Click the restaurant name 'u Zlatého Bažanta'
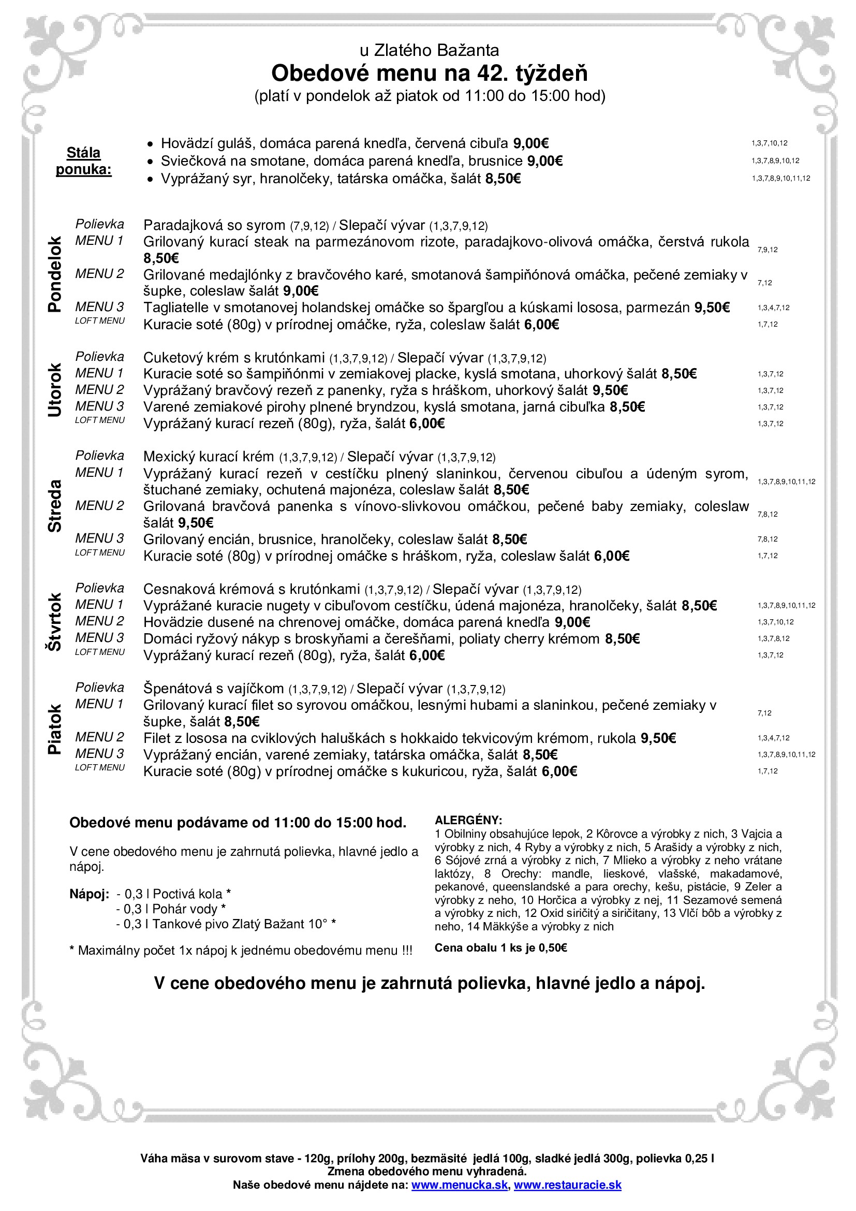click(x=429, y=51)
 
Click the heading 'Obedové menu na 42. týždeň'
click(x=429, y=74)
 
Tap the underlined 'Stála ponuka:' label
click(x=84, y=161)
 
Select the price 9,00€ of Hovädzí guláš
click(x=531, y=143)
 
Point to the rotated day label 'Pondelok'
click(x=55, y=274)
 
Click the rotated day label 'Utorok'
click(x=55, y=390)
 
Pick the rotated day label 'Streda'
click(x=55, y=505)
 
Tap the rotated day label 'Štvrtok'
click(x=55, y=622)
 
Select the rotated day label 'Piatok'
click(x=55, y=729)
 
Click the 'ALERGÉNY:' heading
click(x=468, y=820)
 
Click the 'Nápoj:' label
click(x=89, y=894)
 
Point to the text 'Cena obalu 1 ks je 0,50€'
click(x=500, y=948)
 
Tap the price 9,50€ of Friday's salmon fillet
click(x=658, y=738)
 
